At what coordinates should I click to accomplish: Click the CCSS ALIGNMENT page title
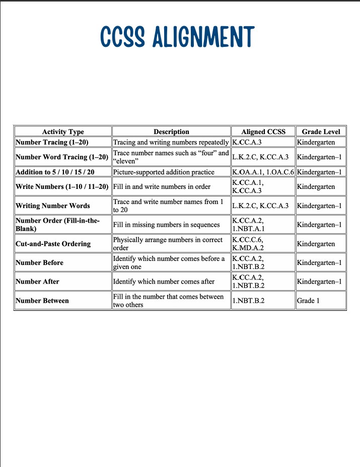coord(178,37)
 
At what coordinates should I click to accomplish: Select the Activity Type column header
coord(63,131)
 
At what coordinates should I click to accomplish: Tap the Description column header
coord(171,131)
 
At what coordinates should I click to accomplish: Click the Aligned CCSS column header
coord(263,131)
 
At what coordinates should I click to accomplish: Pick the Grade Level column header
coord(321,131)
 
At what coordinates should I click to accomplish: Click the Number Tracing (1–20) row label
coord(55,142)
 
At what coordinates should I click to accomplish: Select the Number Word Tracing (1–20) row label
coord(62,157)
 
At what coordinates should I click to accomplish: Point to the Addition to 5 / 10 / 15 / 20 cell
coord(55,172)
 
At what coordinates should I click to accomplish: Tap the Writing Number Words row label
coord(53,206)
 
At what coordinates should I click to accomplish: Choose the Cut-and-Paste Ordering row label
coord(53,244)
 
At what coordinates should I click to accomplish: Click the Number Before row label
coord(40,262)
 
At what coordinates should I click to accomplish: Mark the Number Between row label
coord(42,301)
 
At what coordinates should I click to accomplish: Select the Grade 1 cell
coord(309,301)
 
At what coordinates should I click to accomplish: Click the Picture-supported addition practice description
coord(164,172)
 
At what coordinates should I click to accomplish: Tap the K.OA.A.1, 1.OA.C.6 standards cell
coord(263,172)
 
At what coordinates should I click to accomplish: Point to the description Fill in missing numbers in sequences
coord(166,225)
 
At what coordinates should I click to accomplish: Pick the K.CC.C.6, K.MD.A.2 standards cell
coord(248,244)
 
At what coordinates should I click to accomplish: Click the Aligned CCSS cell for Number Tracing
coord(247,142)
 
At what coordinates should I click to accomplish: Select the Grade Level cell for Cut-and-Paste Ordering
coord(316,244)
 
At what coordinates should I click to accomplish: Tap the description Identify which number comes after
coord(164,282)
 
